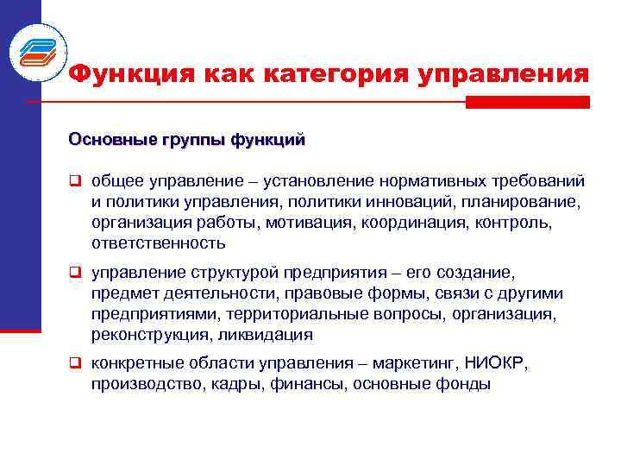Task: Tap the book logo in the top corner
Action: tap(38, 48)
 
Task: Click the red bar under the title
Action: tap(527, 102)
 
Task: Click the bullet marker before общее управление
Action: tap(75, 181)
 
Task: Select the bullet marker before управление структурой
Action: tap(75, 274)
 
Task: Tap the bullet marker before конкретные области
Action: tap(75, 365)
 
